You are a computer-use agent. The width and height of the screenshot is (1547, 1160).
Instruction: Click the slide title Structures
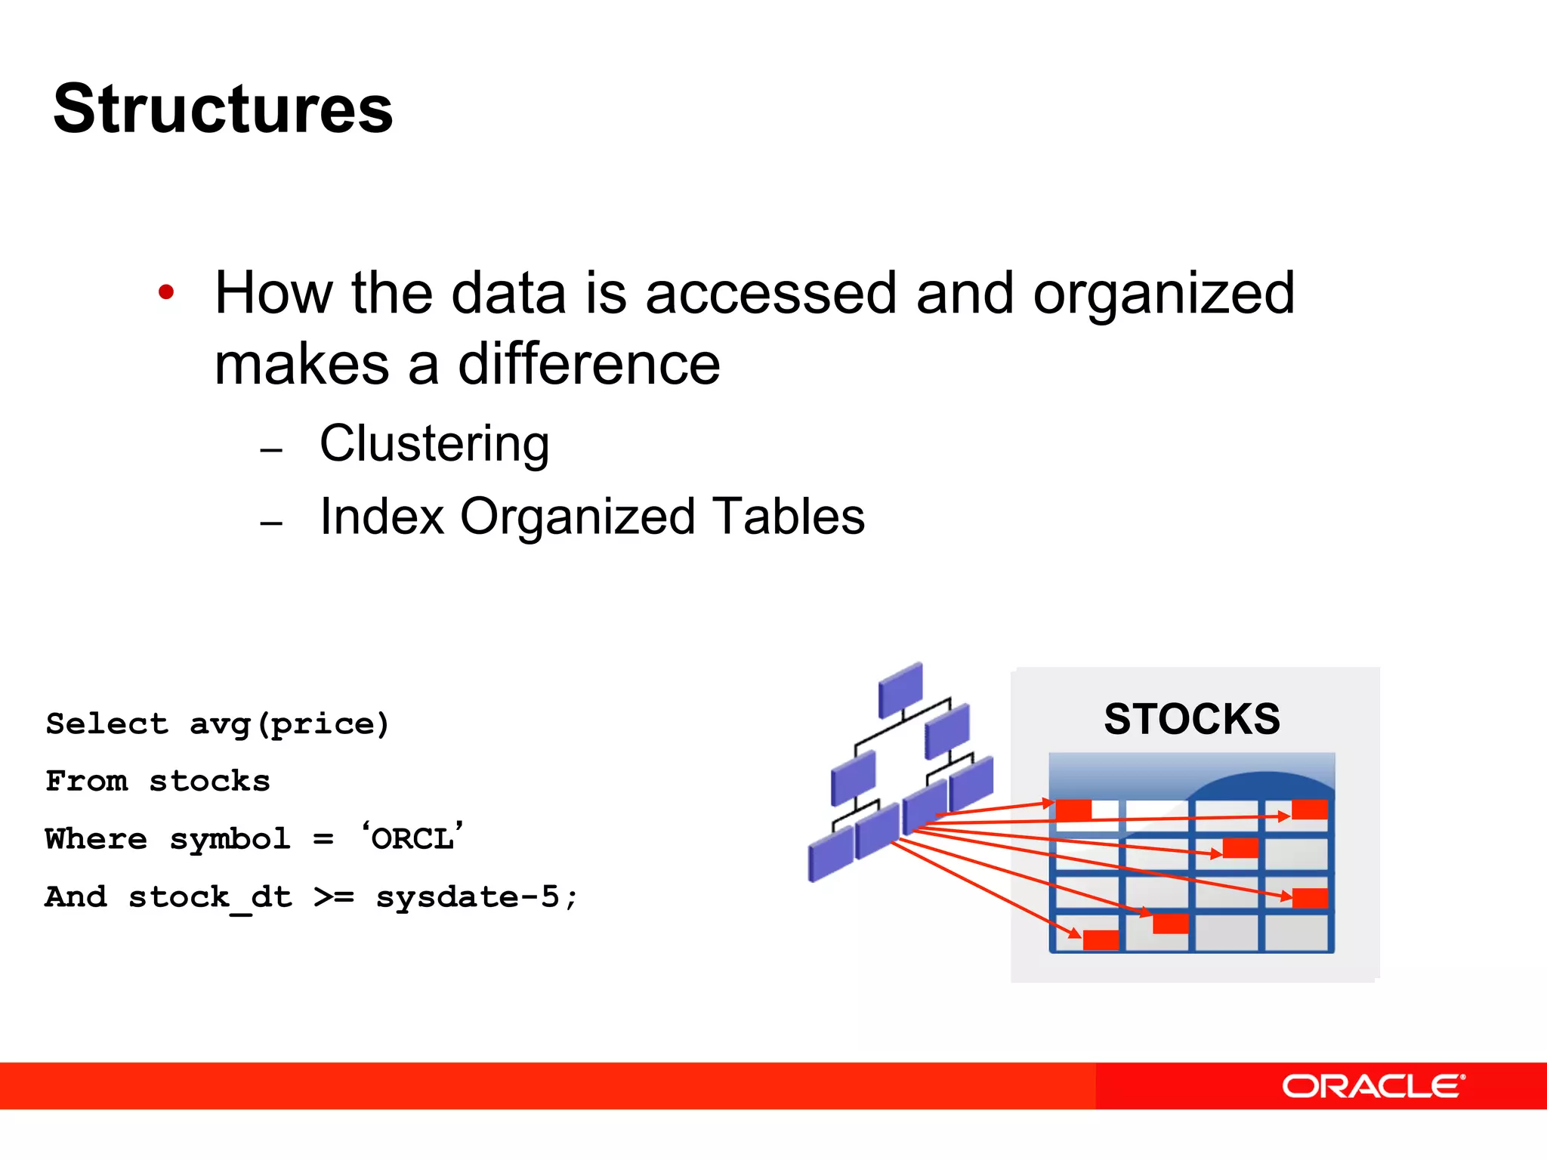223,110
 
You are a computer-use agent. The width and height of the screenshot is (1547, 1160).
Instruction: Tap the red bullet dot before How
166,292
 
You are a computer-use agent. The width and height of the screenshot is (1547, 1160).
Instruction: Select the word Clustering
434,444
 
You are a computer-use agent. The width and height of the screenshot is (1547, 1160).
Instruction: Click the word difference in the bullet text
589,365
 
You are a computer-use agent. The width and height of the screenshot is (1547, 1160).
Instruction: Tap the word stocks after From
209,782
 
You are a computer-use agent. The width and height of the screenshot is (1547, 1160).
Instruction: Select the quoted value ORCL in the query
412,839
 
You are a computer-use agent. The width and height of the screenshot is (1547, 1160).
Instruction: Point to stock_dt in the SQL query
209,897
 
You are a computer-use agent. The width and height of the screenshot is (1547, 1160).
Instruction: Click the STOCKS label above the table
1192,719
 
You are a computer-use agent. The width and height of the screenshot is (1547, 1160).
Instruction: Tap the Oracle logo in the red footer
1373,1087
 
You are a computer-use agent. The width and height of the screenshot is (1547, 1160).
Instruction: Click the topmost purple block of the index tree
900,690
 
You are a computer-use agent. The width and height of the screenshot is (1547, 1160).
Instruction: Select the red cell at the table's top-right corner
1310,810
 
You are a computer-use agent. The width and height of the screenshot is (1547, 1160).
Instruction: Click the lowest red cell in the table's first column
1101,939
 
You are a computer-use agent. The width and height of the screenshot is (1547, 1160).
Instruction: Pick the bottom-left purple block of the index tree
830,853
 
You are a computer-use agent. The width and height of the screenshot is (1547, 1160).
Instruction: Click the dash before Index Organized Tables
271,523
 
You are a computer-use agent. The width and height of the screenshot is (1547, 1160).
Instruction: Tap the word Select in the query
107,724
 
